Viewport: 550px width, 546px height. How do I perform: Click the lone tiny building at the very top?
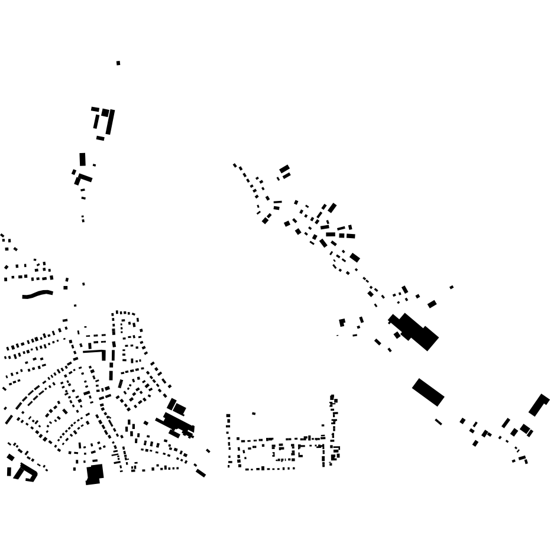pos(118,63)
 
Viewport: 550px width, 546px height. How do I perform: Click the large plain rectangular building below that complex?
pos(428,392)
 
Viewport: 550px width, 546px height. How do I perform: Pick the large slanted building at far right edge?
pos(539,405)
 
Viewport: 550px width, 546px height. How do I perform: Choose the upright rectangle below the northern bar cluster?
pos(83,160)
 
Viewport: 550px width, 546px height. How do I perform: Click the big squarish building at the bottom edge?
pos(95,474)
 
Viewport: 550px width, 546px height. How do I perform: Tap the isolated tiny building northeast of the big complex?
pos(452,287)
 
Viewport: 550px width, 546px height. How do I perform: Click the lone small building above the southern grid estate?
pos(254,414)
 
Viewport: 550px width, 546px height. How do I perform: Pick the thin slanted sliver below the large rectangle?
pos(438,422)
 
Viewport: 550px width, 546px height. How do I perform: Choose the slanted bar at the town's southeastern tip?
pos(201,473)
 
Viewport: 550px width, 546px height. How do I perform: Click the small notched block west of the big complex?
pos(342,323)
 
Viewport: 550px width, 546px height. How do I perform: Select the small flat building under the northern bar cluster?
pos(100,138)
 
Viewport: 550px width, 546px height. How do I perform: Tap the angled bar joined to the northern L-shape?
pos(86,177)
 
